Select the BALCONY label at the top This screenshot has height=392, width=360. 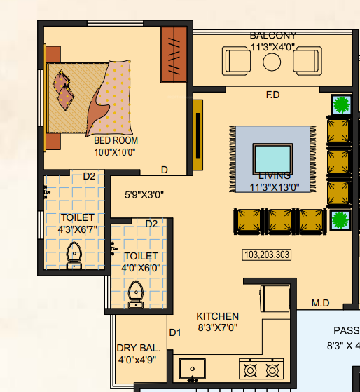coord(273,36)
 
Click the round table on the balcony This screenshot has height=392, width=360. coord(272,62)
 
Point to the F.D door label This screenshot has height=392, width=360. coord(273,95)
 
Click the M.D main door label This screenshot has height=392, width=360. coord(321,303)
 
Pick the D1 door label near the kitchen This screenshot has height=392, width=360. coord(175,332)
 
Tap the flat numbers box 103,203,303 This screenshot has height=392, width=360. coord(265,255)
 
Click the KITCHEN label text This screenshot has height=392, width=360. coord(217,316)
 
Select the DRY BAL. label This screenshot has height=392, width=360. coord(139,348)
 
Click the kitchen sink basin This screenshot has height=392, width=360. coord(191,368)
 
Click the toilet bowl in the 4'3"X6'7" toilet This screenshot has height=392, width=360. coord(73,254)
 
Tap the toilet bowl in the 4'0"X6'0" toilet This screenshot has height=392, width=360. coord(137,295)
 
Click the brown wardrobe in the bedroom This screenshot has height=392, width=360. coord(174,54)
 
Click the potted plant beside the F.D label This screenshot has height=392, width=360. coord(341,105)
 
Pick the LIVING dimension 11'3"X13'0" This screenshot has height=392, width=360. coord(275,187)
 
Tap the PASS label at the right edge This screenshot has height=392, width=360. coord(346,331)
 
